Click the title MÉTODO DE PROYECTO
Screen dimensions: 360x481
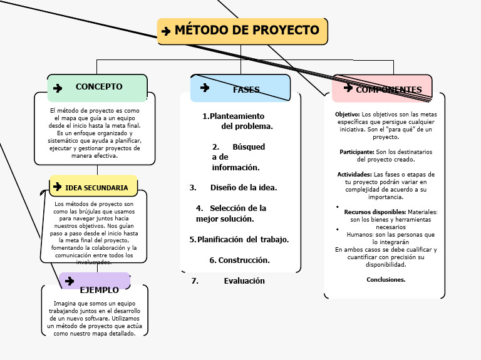click(x=247, y=30)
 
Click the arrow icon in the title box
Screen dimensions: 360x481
click(x=166, y=31)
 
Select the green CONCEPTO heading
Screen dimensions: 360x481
click(x=99, y=87)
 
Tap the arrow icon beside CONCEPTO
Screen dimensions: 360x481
click(x=58, y=88)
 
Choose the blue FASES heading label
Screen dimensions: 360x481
click(x=246, y=90)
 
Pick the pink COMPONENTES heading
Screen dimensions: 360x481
click(x=389, y=90)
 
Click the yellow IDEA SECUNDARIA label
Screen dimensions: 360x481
click(x=96, y=187)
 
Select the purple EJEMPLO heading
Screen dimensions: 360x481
click(x=100, y=290)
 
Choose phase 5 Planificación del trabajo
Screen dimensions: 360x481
click(x=239, y=239)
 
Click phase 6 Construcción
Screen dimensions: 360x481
click(x=239, y=260)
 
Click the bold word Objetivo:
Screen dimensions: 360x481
click(x=348, y=115)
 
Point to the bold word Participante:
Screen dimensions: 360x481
click(x=357, y=152)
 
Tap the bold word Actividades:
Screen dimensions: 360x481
click(x=354, y=174)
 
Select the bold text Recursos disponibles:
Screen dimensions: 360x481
click(x=375, y=212)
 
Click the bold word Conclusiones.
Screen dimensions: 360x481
click(x=386, y=279)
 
